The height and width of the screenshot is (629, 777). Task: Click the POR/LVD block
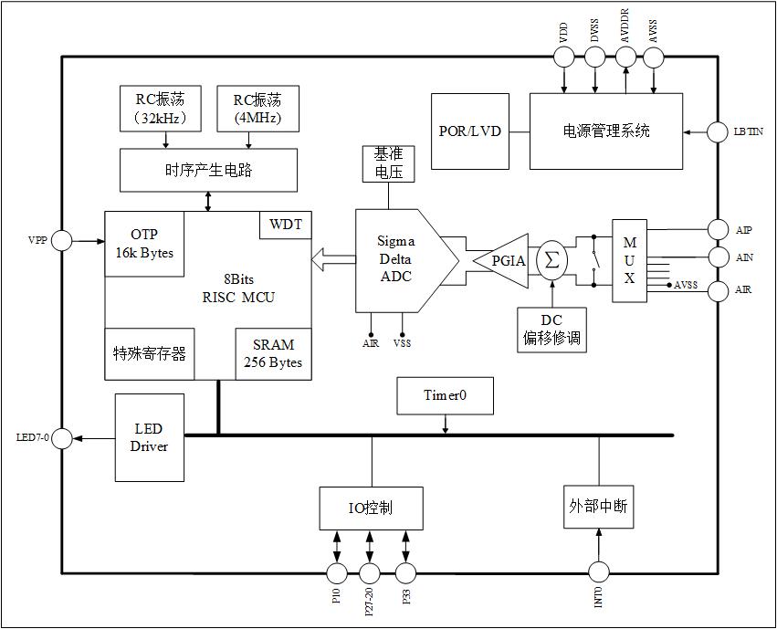[x=469, y=131]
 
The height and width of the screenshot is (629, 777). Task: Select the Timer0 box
[x=445, y=395]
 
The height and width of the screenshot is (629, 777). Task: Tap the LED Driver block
[x=149, y=437]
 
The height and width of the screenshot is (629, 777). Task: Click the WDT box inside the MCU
[x=285, y=225]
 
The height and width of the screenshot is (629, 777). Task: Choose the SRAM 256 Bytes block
[x=272, y=354]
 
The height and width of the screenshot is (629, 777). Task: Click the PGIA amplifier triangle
[x=504, y=261]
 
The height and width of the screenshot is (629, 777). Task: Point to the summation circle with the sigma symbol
[x=551, y=260]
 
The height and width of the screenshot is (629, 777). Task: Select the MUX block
[x=629, y=260]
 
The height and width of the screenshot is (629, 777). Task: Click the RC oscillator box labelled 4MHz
[x=257, y=108]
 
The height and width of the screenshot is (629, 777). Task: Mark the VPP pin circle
[x=61, y=240]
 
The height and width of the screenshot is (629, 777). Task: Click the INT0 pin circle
[x=598, y=572]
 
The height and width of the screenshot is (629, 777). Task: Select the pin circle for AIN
[x=719, y=258]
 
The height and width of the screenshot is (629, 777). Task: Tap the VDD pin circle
[x=563, y=57]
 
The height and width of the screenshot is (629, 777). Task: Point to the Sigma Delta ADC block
[x=400, y=259]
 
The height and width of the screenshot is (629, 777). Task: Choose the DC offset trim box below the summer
[x=551, y=330]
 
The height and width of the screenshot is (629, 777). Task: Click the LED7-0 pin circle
[x=61, y=438]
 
